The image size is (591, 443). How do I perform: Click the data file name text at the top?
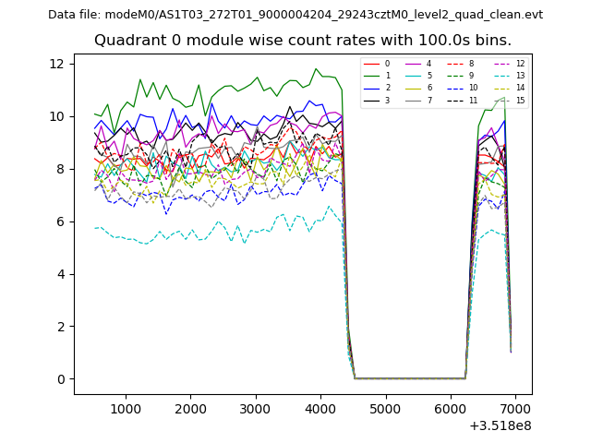pyautogui.click(x=295, y=15)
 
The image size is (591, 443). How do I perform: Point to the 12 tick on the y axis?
pyautogui.click(x=58, y=64)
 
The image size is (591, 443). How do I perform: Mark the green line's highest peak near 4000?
pyautogui.click(x=316, y=68)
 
